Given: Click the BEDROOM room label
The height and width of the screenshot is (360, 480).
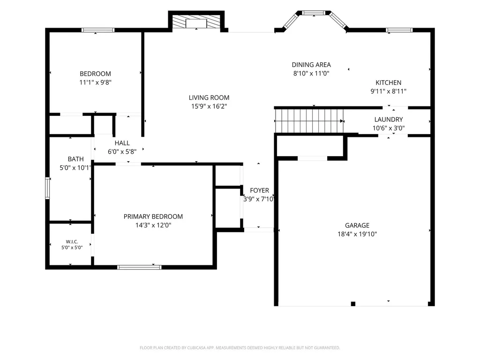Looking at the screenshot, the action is pyautogui.click(x=95, y=74).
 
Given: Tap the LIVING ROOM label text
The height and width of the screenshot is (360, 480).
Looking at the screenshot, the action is pyautogui.click(x=209, y=97).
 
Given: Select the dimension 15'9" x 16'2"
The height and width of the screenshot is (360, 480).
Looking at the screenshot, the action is pyautogui.click(x=209, y=106).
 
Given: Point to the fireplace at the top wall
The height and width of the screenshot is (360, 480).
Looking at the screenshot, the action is pyautogui.click(x=196, y=22).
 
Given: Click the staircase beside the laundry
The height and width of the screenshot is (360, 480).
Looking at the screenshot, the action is pyautogui.click(x=309, y=121).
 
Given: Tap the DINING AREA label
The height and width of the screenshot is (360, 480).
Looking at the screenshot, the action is pyautogui.click(x=311, y=65).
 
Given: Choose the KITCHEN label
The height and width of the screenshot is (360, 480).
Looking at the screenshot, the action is pyautogui.click(x=389, y=82).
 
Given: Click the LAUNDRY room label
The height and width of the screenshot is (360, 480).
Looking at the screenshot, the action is pyautogui.click(x=389, y=120).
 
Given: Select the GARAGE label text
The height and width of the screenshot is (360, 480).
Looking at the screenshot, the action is pyautogui.click(x=357, y=225).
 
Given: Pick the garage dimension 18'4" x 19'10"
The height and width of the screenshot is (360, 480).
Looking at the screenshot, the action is pyautogui.click(x=357, y=234).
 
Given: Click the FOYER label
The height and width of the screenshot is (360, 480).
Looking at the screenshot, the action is pyautogui.click(x=259, y=190).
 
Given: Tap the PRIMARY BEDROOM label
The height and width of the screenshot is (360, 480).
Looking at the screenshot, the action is pyautogui.click(x=153, y=217).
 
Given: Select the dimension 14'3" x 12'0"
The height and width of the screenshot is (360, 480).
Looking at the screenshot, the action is pyautogui.click(x=153, y=225).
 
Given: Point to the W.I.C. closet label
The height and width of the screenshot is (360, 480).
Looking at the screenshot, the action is pyautogui.click(x=72, y=242).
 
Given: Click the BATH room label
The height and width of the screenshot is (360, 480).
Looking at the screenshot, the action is pyautogui.click(x=75, y=159).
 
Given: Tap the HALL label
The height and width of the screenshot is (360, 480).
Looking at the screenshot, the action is pyautogui.click(x=122, y=143).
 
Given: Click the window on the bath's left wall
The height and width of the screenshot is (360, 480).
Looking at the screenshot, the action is pyautogui.click(x=47, y=188).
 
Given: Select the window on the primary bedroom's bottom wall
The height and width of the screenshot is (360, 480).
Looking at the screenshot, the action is pyautogui.click(x=139, y=267).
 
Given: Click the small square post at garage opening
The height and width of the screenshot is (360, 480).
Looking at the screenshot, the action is pyautogui.click(x=353, y=304).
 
